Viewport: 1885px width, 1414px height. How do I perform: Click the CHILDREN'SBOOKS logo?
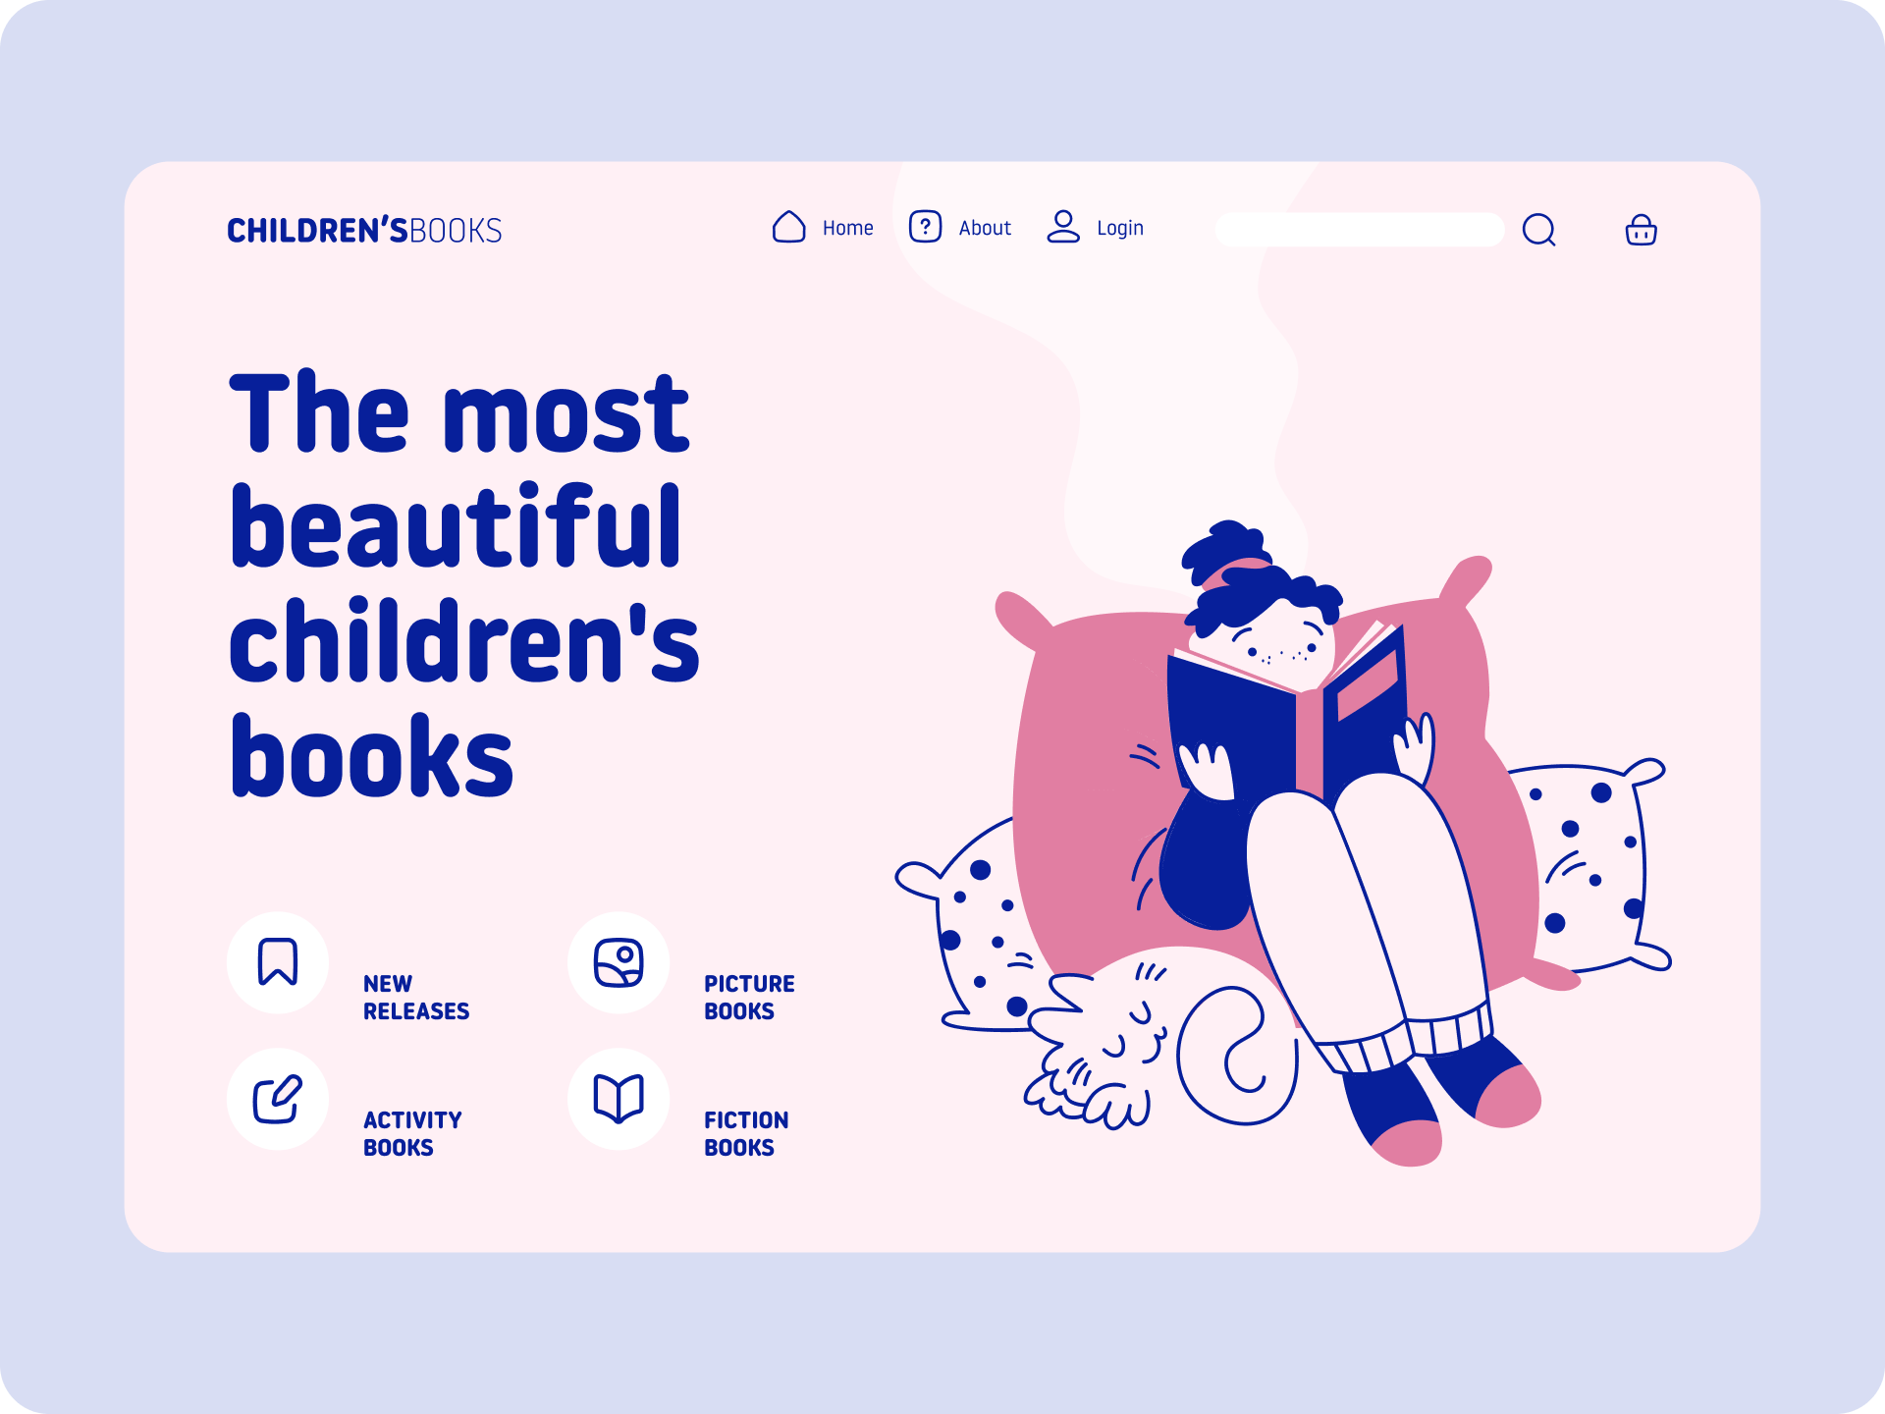[x=364, y=230]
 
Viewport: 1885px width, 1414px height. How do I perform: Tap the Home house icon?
[x=788, y=227]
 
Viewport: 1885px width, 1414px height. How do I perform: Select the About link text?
[x=985, y=228]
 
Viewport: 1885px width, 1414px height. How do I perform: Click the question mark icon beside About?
[x=925, y=227]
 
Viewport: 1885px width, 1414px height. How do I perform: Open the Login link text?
[x=1120, y=228]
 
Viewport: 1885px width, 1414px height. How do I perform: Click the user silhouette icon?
[x=1063, y=227]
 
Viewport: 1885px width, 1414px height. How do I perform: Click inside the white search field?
[x=1359, y=230]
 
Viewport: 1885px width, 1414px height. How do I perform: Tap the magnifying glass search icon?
[x=1538, y=230]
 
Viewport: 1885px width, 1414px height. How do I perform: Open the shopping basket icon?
[x=1641, y=230]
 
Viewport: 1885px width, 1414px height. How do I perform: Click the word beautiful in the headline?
[x=456, y=527]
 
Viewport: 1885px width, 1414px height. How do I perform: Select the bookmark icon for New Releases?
[x=278, y=961]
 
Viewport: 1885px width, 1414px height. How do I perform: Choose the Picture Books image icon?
[x=619, y=962]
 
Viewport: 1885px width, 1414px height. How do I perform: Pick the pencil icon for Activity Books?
[x=278, y=1099]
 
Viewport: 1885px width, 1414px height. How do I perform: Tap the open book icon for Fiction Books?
[x=619, y=1098]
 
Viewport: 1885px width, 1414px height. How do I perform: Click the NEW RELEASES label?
[x=416, y=998]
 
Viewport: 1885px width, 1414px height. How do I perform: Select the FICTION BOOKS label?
[x=746, y=1134]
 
